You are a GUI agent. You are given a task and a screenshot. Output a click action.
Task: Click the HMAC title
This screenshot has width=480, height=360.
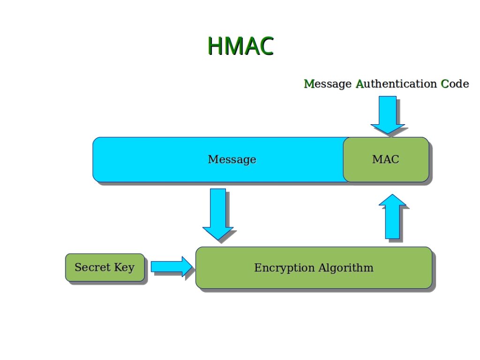pos(240,46)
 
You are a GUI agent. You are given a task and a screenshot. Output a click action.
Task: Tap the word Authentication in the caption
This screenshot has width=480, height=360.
pos(396,83)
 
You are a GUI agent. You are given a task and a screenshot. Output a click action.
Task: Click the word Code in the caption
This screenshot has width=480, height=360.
pos(455,83)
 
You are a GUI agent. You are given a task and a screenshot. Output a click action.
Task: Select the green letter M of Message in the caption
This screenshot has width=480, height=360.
pos(309,83)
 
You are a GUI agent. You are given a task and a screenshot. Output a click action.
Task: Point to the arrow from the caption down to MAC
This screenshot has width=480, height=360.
pos(388,115)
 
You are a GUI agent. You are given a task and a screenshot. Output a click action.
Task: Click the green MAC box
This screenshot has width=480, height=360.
pos(386,159)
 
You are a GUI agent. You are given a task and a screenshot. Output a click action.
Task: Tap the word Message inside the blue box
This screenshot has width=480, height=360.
pos(232,159)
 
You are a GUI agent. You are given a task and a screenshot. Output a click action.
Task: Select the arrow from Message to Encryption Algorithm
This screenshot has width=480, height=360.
pos(218,214)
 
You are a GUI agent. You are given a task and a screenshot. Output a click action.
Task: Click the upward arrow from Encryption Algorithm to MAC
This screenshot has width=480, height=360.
pos(392,217)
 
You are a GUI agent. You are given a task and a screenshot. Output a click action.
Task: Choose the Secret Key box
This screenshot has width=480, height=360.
pos(105,267)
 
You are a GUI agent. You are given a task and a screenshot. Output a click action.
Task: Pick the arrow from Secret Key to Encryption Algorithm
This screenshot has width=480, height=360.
pos(172,267)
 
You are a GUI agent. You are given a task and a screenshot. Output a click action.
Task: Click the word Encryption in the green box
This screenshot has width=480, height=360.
pos(285,268)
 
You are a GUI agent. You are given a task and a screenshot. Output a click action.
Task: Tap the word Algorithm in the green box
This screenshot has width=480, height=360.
pos(346,268)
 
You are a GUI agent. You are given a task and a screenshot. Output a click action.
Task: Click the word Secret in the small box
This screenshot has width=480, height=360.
pos(92,267)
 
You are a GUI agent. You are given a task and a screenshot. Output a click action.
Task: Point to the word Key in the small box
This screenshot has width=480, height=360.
pos(124,268)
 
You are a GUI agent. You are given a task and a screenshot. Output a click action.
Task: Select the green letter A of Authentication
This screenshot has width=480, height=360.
pos(360,83)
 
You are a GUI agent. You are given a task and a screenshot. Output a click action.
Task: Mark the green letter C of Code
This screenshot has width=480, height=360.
pos(444,83)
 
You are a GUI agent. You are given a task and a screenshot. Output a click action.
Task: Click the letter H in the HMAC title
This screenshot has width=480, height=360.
pos(215,46)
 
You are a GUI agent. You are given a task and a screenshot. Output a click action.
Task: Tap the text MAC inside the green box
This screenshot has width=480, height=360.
pos(386,159)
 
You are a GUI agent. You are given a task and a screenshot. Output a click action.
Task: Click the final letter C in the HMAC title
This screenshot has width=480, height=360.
pos(265,46)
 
